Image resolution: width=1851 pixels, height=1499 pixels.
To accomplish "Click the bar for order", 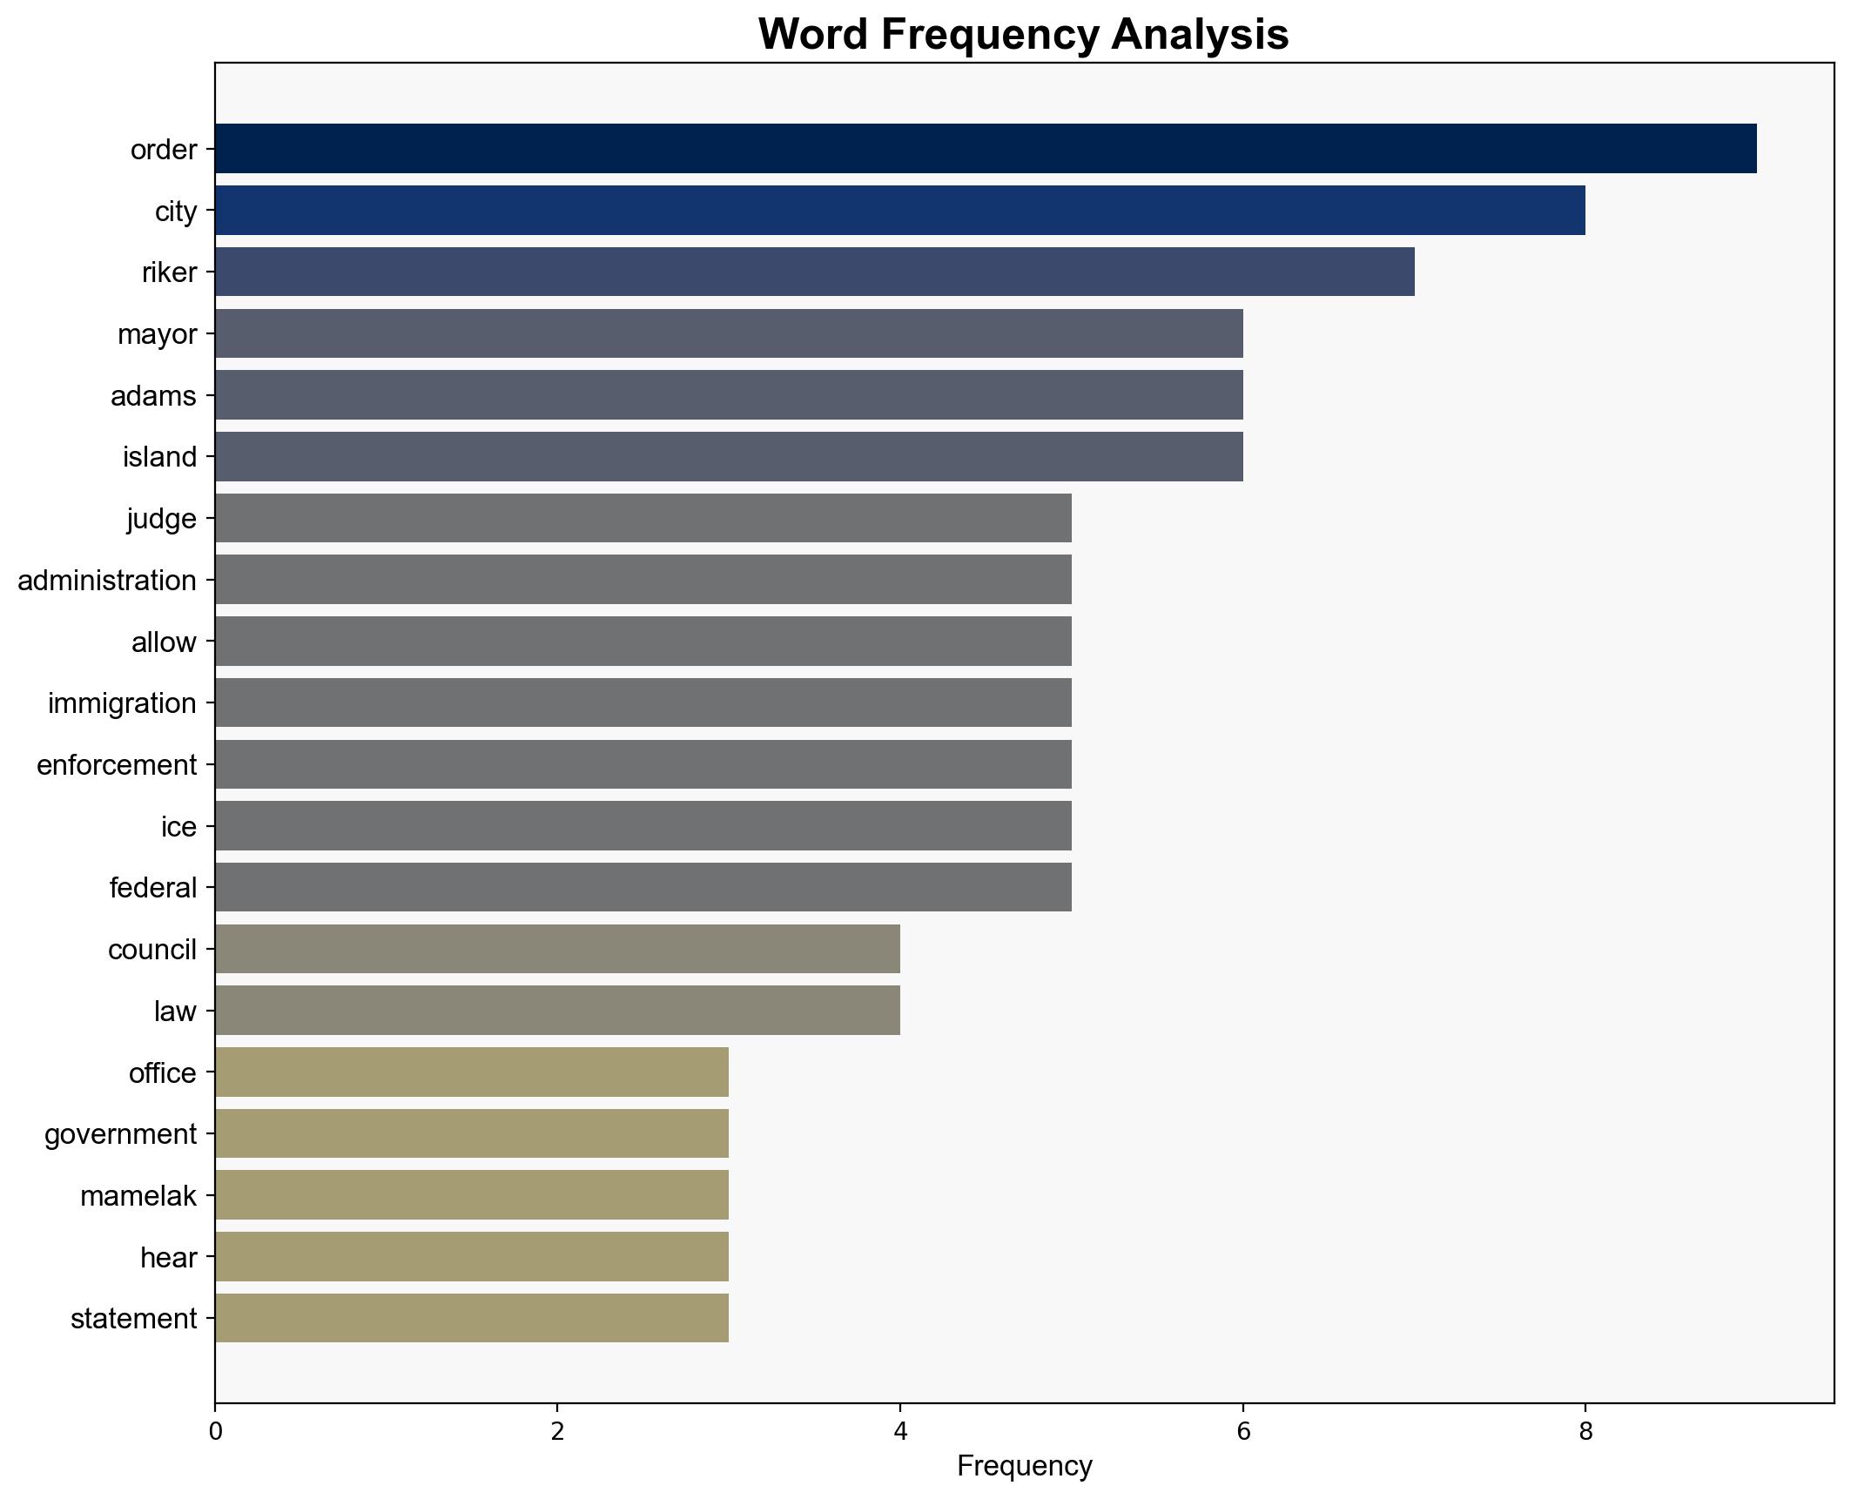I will (986, 149).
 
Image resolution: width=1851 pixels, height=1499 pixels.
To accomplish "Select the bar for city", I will (899, 211).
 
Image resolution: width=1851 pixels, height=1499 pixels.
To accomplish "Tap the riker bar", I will (814, 272).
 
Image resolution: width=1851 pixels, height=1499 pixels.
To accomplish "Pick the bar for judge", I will (643, 519).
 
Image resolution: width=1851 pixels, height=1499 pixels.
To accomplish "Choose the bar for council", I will (557, 949).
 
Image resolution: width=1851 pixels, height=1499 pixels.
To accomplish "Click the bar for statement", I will (471, 1319).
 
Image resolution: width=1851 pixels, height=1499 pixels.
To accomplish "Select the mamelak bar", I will (471, 1195).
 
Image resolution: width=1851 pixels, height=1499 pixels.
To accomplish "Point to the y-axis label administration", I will (107, 581).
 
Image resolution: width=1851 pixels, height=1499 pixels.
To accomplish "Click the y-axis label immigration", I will (122, 703).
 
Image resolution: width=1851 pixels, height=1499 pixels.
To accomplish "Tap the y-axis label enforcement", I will (117, 765).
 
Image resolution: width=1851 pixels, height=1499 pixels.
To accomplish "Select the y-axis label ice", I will (178, 827).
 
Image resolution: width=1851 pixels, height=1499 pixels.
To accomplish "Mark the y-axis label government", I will (120, 1134).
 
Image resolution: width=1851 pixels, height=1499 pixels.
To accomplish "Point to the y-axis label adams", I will (153, 396).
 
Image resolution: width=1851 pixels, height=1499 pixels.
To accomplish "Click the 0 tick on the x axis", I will (215, 1432).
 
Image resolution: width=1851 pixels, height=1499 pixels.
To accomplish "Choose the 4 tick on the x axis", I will (900, 1432).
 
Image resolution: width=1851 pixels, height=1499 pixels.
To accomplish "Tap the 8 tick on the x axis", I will (1585, 1432).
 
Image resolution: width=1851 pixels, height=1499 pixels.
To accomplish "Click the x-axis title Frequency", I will (1024, 1467).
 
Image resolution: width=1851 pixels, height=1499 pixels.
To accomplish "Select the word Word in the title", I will (812, 35).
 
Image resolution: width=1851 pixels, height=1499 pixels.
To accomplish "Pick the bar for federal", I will (643, 888).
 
